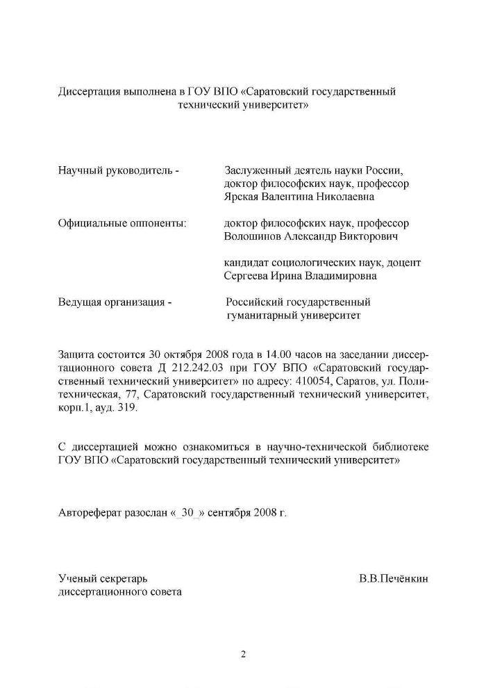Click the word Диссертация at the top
[87, 92]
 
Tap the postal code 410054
[299, 382]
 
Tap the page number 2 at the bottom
[243, 654]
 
